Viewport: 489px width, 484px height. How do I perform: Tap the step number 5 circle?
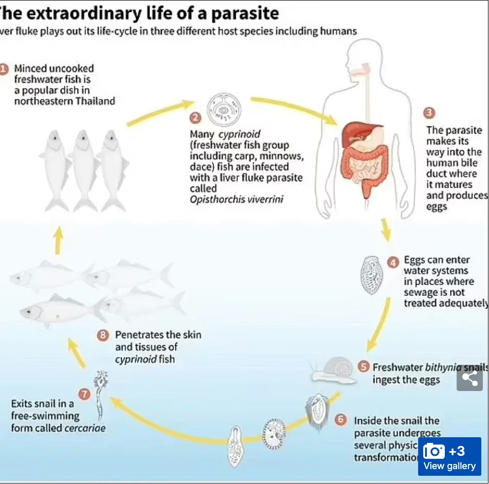364,367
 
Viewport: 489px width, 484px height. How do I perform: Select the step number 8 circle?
103,336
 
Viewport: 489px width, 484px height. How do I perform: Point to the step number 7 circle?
85,395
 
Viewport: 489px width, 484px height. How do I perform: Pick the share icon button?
469,378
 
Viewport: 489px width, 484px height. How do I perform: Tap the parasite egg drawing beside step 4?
372,275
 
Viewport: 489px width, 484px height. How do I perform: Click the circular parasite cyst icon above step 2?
223,109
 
